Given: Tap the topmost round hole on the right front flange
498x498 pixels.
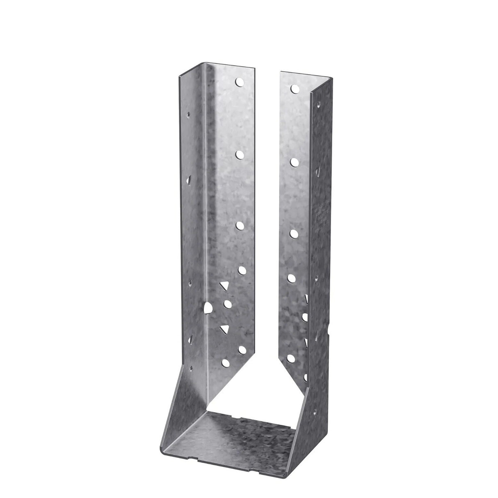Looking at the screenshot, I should click(294, 88).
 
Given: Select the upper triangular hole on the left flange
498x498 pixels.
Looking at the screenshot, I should click(224, 286).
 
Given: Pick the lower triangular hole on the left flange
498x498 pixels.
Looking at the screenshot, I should click(224, 328).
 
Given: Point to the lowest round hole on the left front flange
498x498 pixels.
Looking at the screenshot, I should click(226, 363).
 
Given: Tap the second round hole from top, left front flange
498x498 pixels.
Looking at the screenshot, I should click(240, 154).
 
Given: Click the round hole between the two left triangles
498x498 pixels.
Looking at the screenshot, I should click(227, 304).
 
